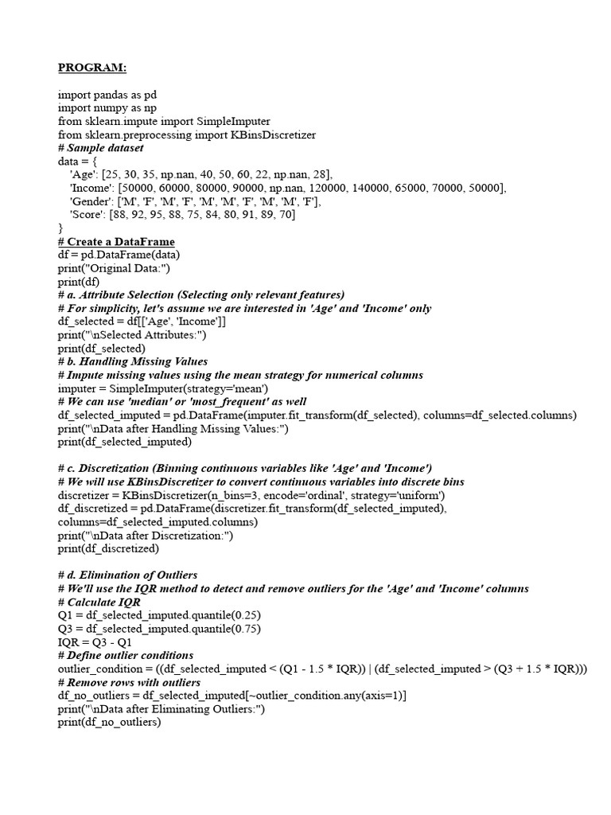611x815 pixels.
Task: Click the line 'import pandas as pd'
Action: coord(107,94)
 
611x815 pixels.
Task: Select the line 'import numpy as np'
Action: coord(107,107)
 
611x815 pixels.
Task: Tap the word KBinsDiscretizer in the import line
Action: coord(269,135)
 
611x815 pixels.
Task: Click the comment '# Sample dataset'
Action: coord(101,148)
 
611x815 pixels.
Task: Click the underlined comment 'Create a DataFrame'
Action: coord(121,241)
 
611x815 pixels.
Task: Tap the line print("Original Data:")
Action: coord(116,268)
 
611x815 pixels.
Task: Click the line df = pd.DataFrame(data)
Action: coord(119,255)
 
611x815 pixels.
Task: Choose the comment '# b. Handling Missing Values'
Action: coord(133,361)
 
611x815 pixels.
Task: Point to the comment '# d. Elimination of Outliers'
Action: coord(128,575)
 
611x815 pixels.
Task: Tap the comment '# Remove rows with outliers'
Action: coord(130,682)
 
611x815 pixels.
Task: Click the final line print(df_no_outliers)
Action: coord(109,722)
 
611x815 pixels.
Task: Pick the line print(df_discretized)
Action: coord(108,548)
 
